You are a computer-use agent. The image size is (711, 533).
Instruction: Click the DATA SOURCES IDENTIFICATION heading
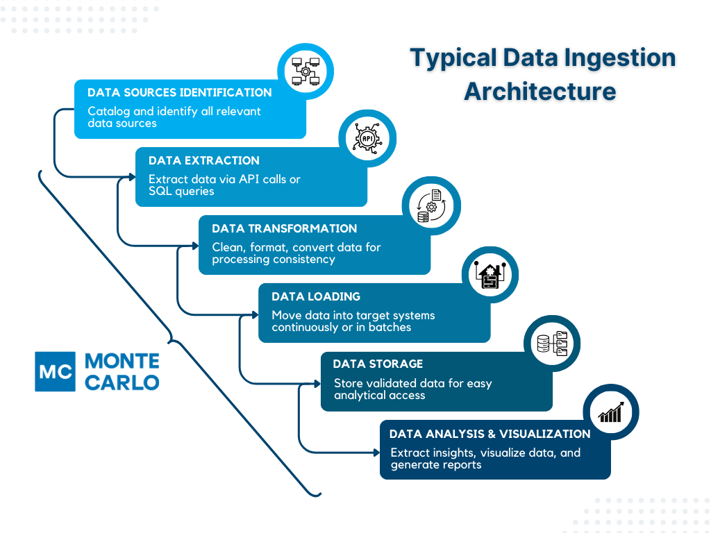[179, 92]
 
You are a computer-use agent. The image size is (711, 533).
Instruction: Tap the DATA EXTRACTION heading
[203, 160]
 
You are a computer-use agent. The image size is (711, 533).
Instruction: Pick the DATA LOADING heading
[315, 296]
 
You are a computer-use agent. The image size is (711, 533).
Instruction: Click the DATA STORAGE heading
[377, 364]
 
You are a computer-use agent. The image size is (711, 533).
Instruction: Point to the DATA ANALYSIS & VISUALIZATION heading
[490, 434]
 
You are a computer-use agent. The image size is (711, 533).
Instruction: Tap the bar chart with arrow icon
[611, 413]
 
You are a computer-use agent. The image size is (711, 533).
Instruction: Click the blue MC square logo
[55, 371]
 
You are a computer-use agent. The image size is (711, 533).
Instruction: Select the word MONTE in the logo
[122, 362]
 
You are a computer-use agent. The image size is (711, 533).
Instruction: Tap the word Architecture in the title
[540, 91]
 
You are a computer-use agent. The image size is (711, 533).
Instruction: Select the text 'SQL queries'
[181, 191]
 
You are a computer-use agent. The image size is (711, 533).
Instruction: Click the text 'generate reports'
[435, 464]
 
